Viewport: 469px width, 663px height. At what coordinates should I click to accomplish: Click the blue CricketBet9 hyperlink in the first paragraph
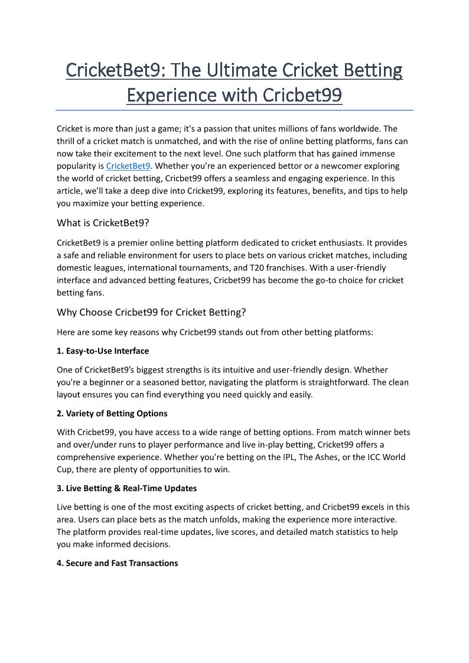point(128,166)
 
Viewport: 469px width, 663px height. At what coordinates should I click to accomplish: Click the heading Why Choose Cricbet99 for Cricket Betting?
point(151,312)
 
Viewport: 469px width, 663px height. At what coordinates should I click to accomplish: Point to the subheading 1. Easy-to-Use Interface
point(103,351)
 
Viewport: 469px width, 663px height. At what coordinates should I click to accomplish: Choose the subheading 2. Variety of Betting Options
point(112,413)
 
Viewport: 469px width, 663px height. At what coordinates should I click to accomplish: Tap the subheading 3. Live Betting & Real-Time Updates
point(127,488)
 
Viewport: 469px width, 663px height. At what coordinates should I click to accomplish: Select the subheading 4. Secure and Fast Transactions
point(118,563)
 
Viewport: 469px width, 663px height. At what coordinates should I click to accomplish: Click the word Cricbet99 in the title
point(302,94)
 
